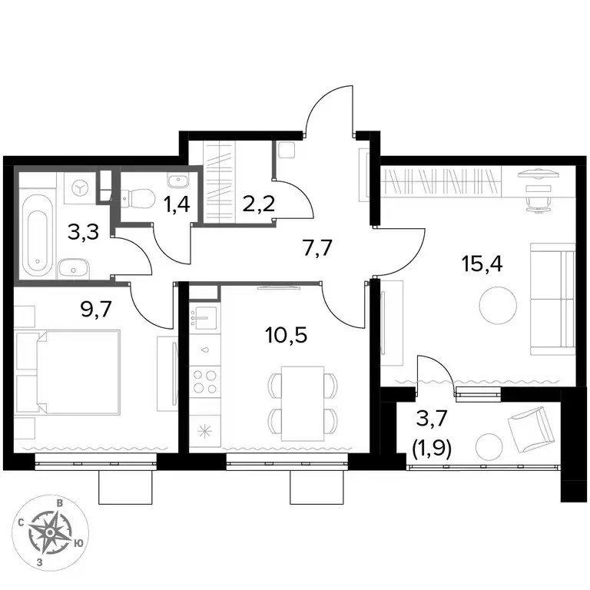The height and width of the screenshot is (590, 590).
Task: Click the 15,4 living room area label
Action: pos(482,264)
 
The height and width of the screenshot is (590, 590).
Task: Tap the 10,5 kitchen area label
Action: pos(286,334)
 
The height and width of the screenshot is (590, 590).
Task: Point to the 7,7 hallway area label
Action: pos(318,248)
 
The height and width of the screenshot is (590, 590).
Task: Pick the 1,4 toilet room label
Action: pos(177,205)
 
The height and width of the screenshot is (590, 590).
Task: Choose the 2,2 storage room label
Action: pos(259,204)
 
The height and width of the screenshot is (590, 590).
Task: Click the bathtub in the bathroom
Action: pos(37,235)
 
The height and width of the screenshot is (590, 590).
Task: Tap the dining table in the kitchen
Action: pos(303,403)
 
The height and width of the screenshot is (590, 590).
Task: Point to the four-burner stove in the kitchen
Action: pos(204,382)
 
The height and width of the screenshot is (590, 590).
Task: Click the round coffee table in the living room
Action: pos(498,305)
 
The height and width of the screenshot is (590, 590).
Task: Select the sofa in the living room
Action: pos(553,299)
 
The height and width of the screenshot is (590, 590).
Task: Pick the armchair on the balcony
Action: pos(531,429)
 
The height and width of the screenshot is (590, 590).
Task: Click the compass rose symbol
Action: pos(50,532)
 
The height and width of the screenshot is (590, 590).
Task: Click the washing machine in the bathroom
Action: pos(80,187)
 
